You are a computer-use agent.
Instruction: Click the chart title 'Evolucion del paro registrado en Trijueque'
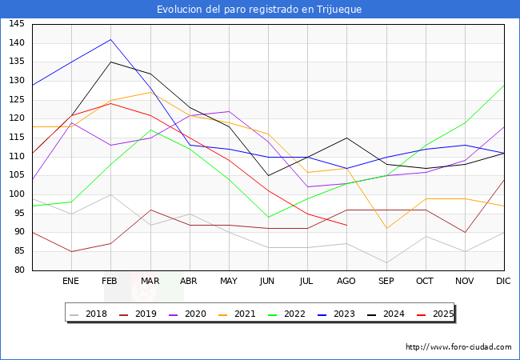[x=259, y=10]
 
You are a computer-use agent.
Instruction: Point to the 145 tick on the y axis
[x=16, y=24]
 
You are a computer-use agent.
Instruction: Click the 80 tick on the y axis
[x=18, y=270]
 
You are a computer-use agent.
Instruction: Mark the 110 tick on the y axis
[x=16, y=157]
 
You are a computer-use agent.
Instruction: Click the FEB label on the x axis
[x=110, y=282]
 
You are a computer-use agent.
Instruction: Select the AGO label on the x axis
[x=346, y=282]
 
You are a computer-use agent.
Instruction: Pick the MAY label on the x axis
[x=229, y=282]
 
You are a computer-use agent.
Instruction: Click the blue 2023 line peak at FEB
[x=110, y=39]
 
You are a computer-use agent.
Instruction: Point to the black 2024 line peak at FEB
[x=110, y=62]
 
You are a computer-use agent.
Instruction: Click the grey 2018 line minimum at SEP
[x=386, y=263]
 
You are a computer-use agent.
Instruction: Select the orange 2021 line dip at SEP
[x=386, y=229]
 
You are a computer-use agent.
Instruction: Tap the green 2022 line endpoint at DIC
[x=504, y=85]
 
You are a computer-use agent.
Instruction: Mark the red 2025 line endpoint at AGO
[x=346, y=225]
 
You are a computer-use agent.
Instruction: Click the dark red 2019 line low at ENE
[x=71, y=251]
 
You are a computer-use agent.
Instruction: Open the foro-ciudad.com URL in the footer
[x=458, y=347]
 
